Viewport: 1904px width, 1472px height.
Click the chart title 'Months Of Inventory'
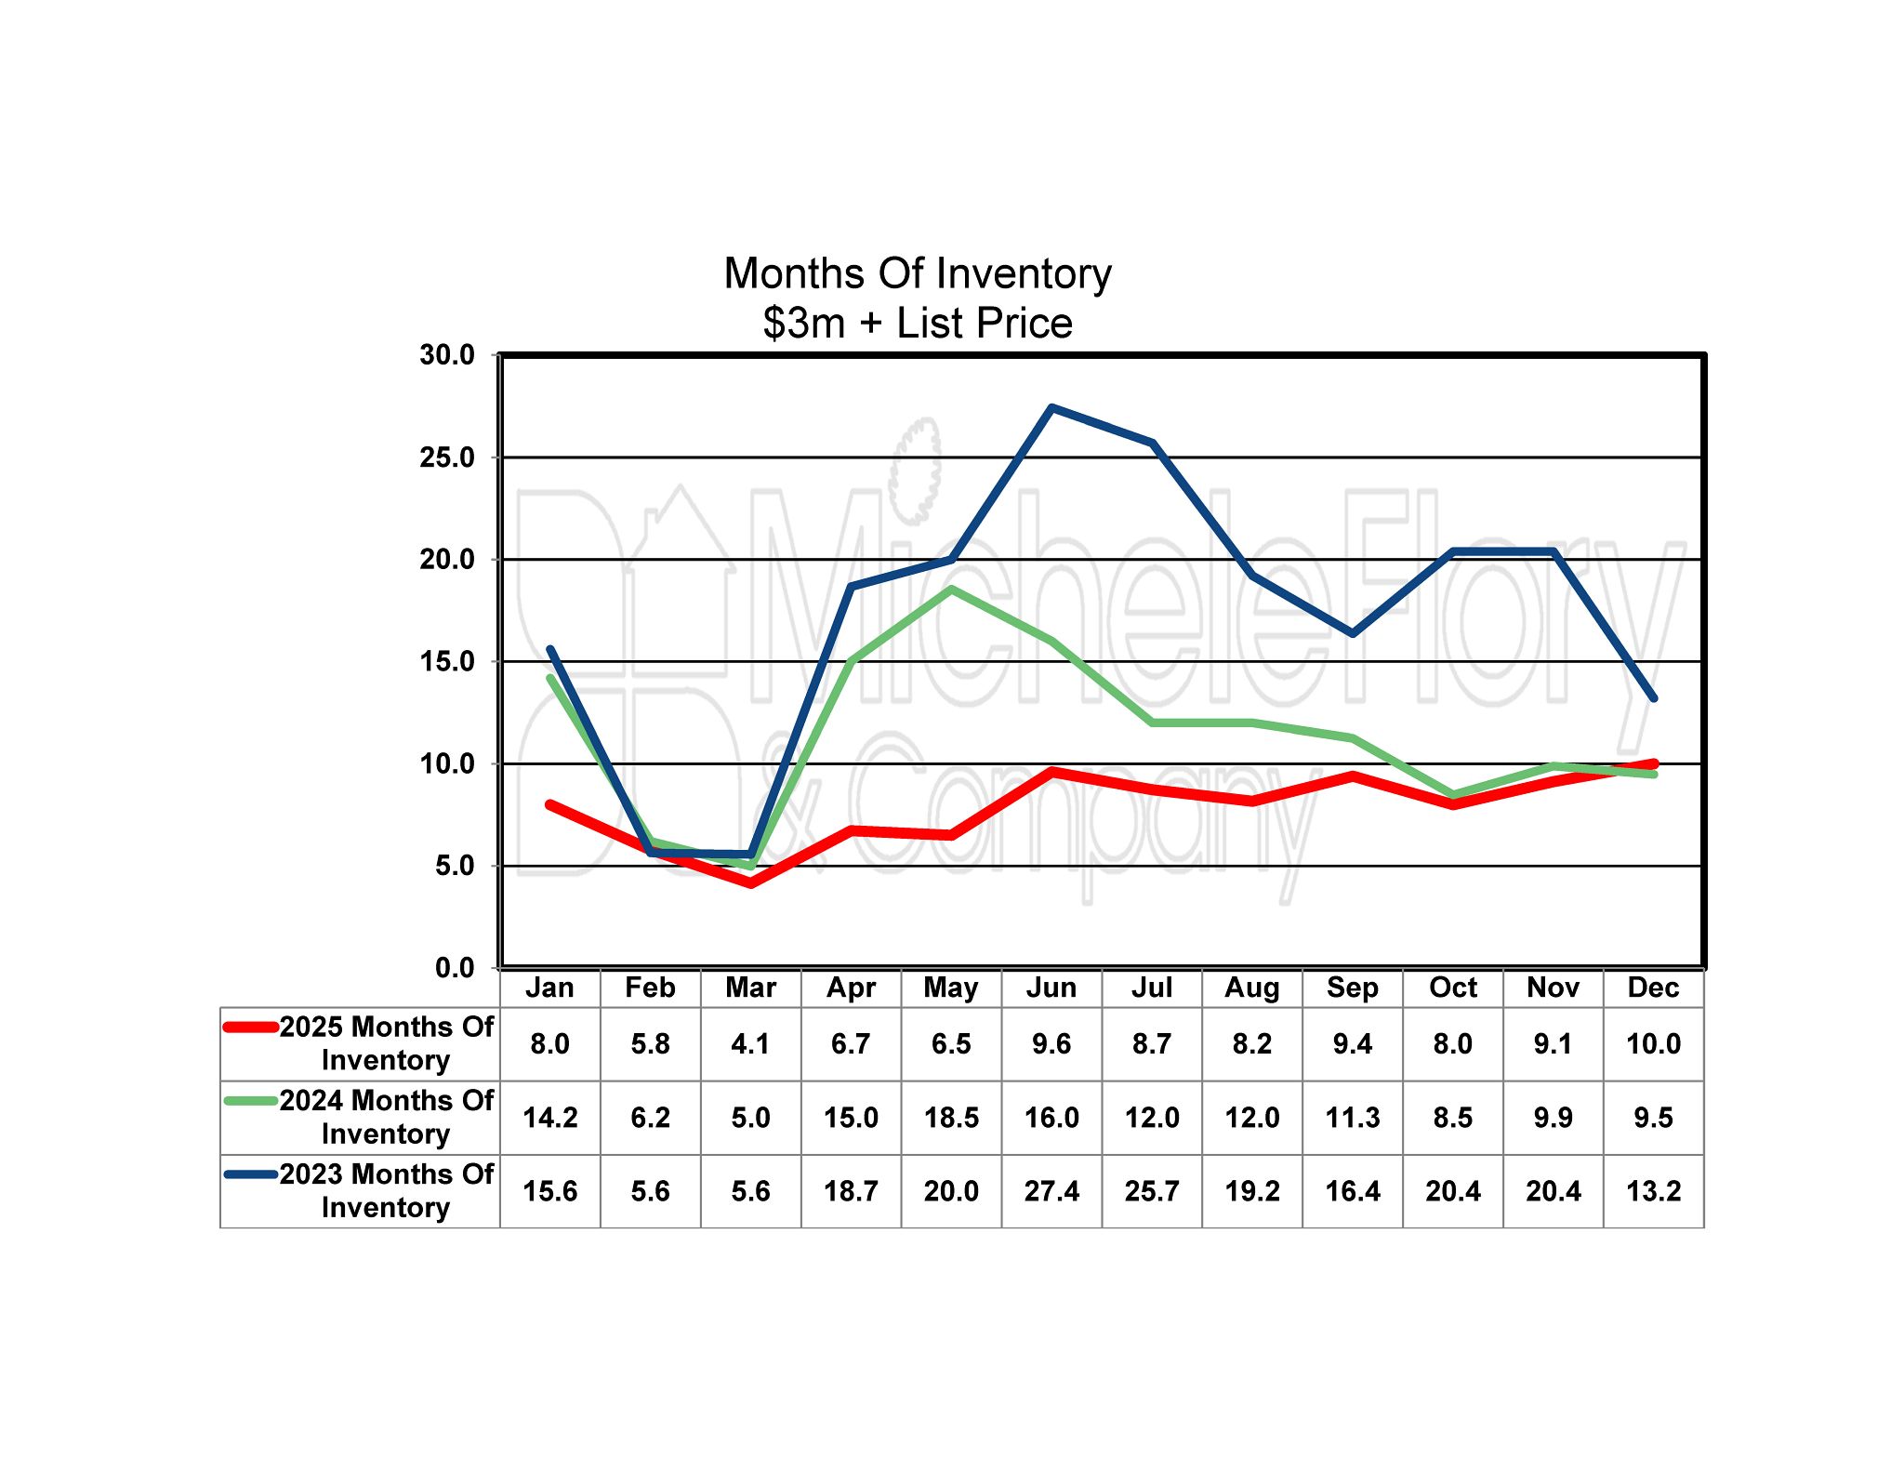[x=917, y=273]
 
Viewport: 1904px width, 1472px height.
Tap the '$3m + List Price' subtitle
[x=917, y=323]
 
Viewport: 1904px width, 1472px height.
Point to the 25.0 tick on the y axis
[x=447, y=458]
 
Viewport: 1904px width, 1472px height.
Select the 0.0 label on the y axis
[x=455, y=968]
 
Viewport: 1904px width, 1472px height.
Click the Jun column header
[x=1051, y=988]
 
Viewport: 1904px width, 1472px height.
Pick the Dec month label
[x=1653, y=988]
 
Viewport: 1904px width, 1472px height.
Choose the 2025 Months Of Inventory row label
[x=386, y=1043]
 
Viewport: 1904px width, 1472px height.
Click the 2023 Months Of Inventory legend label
[x=386, y=1191]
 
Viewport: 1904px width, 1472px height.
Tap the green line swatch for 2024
[x=251, y=1101]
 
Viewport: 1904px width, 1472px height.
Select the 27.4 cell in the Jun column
[x=1051, y=1191]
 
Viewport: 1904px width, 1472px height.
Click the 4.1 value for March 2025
[x=750, y=1044]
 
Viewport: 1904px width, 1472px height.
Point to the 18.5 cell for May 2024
[x=951, y=1118]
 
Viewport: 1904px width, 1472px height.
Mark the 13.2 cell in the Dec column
[x=1653, y=1191]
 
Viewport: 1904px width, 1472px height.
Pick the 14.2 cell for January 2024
[x=549, y=1118]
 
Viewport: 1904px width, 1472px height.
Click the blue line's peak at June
[x=1051, y=408]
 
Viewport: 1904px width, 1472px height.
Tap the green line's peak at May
[x=951, y=590]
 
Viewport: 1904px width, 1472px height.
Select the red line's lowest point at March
[x=750, y=883]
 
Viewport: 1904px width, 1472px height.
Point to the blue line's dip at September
[x=1352, y=633]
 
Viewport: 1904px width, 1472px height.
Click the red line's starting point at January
[x=549, y=804]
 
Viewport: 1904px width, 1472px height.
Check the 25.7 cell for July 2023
[x=1152, y=1191]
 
